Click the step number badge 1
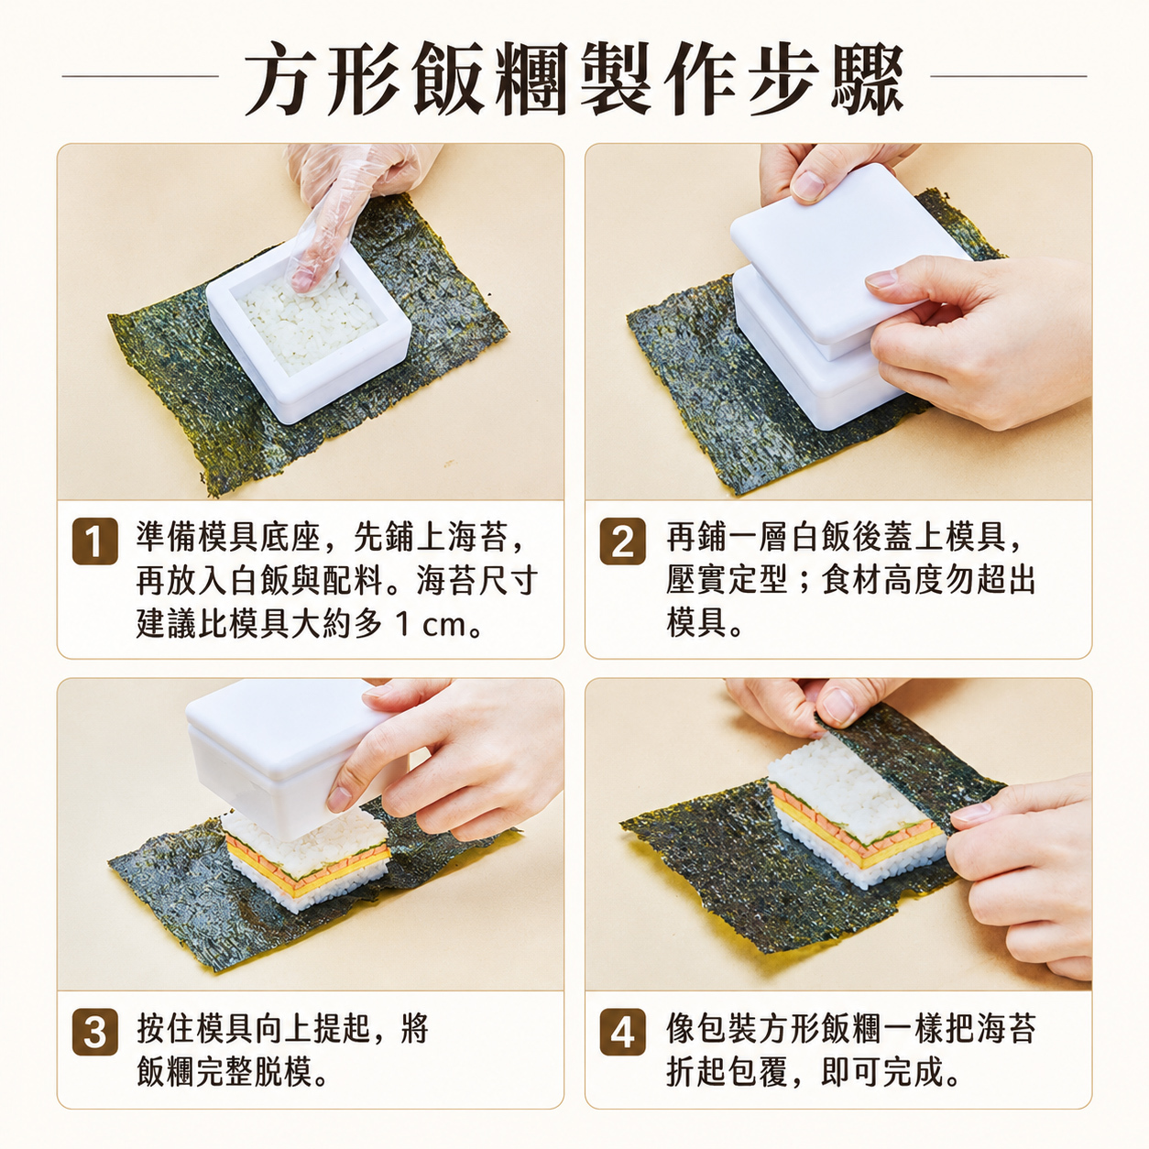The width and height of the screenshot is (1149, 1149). [94, 542]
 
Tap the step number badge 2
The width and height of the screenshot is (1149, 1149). [622, 542]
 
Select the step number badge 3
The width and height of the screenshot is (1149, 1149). [94, 1032]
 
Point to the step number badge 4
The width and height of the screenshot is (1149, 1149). [622, 1032]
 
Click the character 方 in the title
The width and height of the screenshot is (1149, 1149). [281, 78]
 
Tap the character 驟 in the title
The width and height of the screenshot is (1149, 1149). [867, 78]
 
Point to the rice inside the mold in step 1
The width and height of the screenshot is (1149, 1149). [309, 322]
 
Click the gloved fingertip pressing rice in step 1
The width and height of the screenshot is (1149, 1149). [305, 278]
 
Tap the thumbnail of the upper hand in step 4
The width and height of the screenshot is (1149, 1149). [838, 706]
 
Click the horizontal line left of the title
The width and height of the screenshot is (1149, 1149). [140, 76]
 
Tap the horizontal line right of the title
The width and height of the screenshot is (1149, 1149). [1008, 76]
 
